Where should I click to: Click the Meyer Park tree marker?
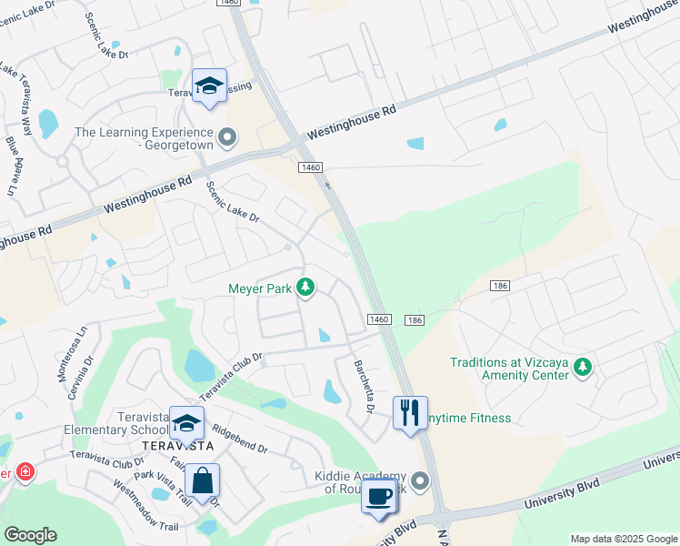pos(306,288)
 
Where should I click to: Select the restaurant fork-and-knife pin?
pos(409,412)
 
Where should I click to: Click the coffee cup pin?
pos(378,497)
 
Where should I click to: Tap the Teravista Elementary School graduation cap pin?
pos(186,423)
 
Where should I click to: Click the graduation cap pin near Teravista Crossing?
pos(210,86)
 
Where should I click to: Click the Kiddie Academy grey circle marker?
pos(419,480)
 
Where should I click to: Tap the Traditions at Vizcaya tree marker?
pos(582,368)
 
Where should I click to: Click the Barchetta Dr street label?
pos(364,386)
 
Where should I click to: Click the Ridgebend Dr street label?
pos(239,436)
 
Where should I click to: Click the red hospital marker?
pos(25,472)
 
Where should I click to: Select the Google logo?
pos(30,535)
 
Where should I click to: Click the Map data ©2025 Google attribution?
pos(623,539)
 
